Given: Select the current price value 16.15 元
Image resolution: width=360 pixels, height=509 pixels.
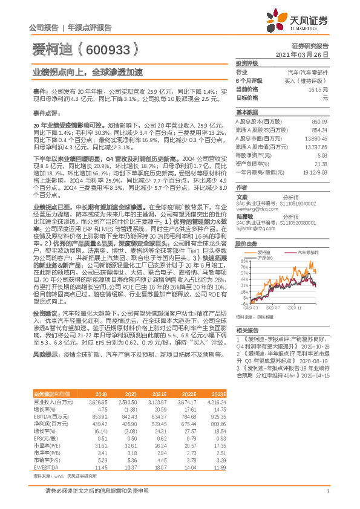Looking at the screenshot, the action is pyautogui.click(x=319, y=89).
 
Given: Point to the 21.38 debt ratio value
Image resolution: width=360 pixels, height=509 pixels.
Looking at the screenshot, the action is pyautogui.click(x=321, y=163).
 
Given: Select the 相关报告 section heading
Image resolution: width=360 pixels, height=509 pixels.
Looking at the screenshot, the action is pyautogui.click(x=247, y=330).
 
